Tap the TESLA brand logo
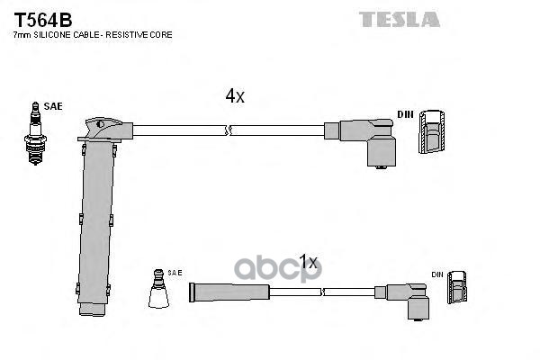tap(400, 19)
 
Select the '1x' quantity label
tap(309, 262)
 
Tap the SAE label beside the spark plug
tap(53, 106)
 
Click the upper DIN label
tap(406, 115)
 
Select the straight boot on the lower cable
tap(229, 292)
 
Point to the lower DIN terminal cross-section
tap(460, 290)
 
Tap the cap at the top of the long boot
tap(103, 125)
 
